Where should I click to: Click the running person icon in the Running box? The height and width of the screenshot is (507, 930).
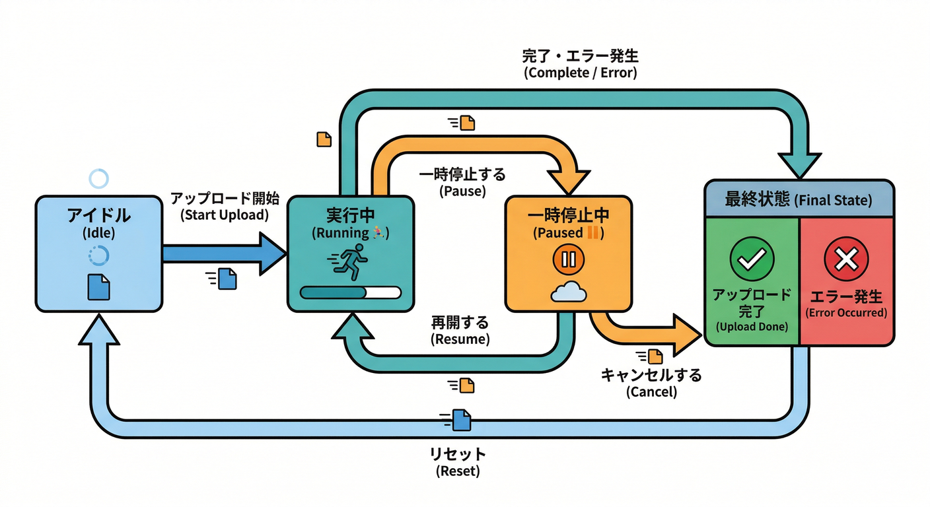[351, 263]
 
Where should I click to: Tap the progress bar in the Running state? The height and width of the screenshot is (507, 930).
[351, 292]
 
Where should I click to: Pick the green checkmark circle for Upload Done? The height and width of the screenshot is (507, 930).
[751, 259]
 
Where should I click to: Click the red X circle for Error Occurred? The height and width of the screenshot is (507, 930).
[846, 259]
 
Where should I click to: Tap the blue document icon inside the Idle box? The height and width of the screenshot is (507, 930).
[99, 287]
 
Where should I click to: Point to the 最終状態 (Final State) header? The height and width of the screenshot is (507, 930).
[799, 199]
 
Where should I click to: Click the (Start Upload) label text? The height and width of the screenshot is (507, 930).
[225, 215]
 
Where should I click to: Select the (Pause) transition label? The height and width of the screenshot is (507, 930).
[462, 191]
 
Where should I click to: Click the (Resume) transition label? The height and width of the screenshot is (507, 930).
[460, 339]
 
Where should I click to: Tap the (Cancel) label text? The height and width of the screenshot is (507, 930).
[651, 391]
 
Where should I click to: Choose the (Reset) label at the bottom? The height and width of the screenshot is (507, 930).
[458, 471]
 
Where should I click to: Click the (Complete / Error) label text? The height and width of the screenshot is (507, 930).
[581, 73]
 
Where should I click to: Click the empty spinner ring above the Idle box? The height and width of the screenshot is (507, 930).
[98, 178]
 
